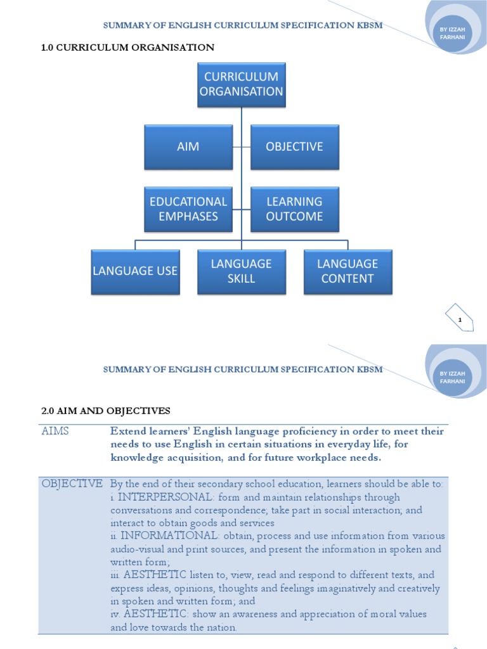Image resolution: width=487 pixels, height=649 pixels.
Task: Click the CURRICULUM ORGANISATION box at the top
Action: [242, 85]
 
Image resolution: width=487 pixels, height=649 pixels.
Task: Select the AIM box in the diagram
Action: [188, 147]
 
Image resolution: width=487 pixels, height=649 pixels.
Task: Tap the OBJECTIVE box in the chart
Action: [295, 147]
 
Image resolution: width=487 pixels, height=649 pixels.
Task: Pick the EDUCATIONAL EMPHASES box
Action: [188, 209]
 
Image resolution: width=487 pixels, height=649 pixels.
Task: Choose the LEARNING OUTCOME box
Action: [295, 209]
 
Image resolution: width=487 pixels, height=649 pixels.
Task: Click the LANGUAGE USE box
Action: [136, 272]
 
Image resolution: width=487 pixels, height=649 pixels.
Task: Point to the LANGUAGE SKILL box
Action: [242, 272]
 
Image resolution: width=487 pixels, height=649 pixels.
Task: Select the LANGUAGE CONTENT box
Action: [348, 272]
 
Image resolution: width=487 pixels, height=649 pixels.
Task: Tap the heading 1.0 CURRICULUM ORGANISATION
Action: [127, 48]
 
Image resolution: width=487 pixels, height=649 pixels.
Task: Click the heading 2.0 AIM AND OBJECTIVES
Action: [106, 411]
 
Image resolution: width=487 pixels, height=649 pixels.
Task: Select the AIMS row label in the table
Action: [55, 431]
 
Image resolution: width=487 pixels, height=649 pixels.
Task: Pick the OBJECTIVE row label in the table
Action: [72, 484]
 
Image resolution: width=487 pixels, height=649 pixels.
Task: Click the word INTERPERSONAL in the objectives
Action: [166, 497]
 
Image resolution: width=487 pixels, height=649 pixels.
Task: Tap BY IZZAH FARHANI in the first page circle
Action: [452, 33]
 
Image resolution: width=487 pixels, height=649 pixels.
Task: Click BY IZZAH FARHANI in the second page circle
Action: [452, 378]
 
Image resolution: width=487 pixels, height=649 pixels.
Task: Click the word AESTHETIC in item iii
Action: [155, 574]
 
